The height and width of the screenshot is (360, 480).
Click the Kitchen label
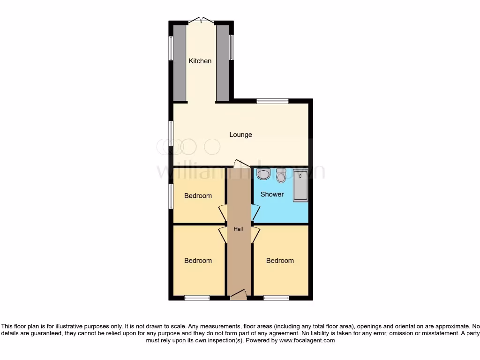tap(200, 61)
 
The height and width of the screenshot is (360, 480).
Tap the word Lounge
tap(240, 135)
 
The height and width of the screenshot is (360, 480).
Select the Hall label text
tap(239, 229)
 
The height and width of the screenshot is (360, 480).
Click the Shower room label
tap(272, 194)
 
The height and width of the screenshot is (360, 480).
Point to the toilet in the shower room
tap(281, 176)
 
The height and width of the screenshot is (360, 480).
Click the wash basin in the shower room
tap(263, 174)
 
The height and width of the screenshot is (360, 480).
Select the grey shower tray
tap(300, 186)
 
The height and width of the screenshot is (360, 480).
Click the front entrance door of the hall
tap(238, 295)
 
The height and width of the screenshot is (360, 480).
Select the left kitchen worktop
tap(180, 63)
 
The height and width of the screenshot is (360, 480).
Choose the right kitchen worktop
tap(223, 63)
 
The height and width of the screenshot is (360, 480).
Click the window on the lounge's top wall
tap(272, 101)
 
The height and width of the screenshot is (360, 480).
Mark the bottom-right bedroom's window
tap(276, 298)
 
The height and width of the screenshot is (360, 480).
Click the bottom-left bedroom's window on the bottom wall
tap(197, 298)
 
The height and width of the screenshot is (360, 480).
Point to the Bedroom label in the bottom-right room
tap(280, 261)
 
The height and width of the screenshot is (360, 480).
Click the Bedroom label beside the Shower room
tap(198, 196)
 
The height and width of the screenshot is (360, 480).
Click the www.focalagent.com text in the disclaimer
tap(307, 341)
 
